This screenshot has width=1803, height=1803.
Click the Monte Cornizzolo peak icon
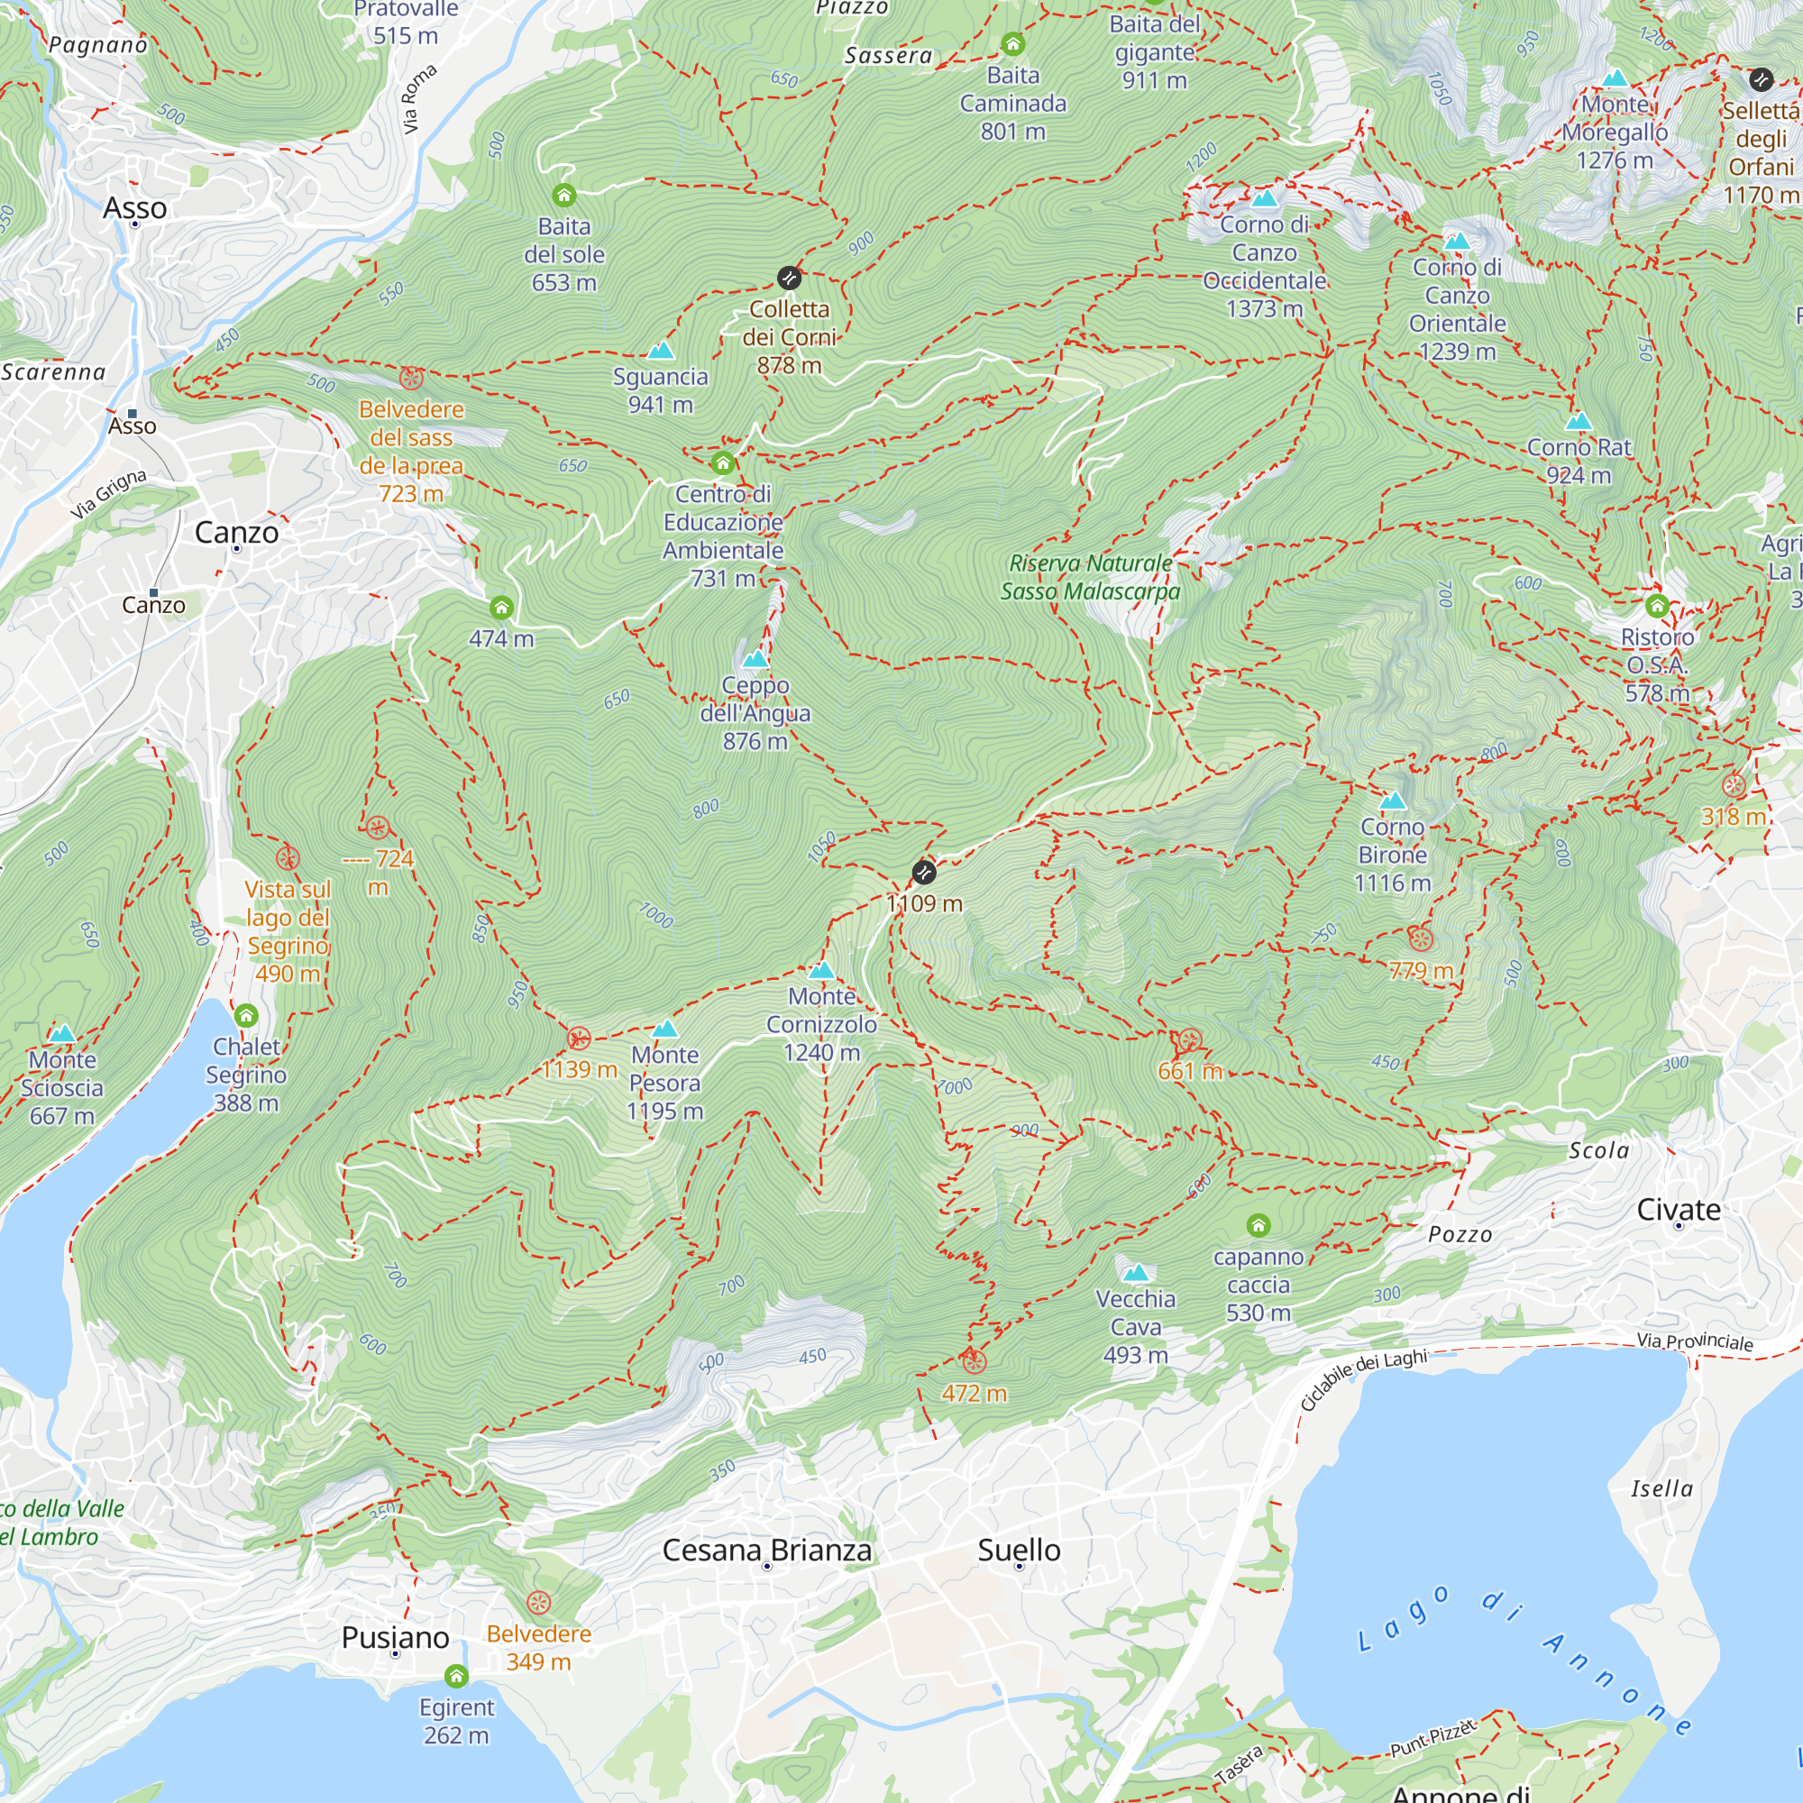tap(821, 971)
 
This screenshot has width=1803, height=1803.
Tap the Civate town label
tap(1678, 1210)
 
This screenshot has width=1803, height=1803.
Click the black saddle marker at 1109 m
tap(924, 873)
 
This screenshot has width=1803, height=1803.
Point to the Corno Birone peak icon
tap(1393, 801)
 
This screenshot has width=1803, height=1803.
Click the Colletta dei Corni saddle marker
tap(789, 278)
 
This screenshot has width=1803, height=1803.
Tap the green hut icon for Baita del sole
tap(563, 195)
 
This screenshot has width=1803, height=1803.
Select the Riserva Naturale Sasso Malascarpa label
tap(1090, 577)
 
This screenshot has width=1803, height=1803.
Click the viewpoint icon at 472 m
tap(974, 1361)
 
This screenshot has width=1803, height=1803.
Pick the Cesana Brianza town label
tap(766, 1550)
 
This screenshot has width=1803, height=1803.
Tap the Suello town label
tap(1019, 1550)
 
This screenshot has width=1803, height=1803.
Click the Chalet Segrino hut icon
tap(245, 1015)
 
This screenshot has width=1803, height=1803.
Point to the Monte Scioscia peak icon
tap(61, 1034)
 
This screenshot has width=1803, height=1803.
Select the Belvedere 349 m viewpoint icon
tap(538, 1603)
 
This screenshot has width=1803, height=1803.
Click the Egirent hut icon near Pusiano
tap(456, 1677)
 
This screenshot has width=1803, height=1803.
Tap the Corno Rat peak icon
tap(1579, 422)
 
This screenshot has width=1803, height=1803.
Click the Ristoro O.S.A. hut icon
tap(1658, 607)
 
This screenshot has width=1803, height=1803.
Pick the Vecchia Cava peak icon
tap(1136, 1273)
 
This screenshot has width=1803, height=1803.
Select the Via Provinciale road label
tap(1695, 1341)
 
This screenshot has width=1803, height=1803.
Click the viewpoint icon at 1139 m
tap(579, 1039)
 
